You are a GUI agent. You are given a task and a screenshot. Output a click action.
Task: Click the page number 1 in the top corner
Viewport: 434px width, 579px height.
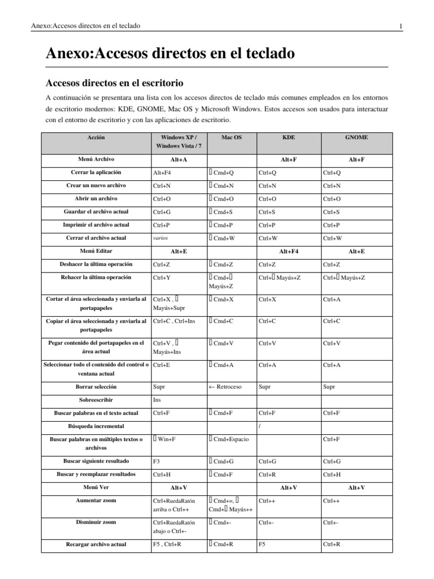[x=400, y=26]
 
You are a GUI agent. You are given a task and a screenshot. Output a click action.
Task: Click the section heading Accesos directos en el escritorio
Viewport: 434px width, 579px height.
[x=115, y=83]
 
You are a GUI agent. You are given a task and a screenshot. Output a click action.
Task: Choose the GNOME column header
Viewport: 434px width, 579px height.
[x=356, y=137]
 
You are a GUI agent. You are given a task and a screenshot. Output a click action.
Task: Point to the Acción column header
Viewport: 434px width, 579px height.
[x=96, y=137]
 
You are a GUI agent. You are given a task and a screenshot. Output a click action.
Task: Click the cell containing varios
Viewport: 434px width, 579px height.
[x=160, y=238]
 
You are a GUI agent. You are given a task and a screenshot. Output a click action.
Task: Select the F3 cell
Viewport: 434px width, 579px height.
[x=157, y=461]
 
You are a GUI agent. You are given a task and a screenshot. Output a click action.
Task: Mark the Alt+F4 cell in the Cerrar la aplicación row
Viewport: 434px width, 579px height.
[x=162, y=172]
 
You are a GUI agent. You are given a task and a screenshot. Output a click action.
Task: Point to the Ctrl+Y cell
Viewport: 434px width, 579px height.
[x=161, y=278]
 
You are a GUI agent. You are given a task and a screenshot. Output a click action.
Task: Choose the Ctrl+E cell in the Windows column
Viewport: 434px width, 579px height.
[x=161, y=365]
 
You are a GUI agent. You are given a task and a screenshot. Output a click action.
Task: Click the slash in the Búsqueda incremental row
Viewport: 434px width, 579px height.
[x=259, y=426]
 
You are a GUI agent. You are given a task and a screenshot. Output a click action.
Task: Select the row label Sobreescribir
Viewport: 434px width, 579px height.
[x=96, y=399]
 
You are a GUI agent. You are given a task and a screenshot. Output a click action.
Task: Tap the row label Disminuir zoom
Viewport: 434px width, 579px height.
[x=96, y=522]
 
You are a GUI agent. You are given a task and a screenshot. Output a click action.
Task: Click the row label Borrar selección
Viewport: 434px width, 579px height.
[x=96, y=387]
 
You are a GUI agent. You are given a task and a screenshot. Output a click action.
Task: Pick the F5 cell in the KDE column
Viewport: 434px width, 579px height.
[x=262, y=545]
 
